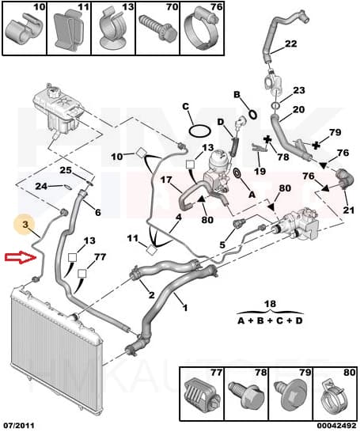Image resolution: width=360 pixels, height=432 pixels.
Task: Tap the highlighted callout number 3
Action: pos(25,224)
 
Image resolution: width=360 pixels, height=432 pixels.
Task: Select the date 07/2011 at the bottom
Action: pos(18,426)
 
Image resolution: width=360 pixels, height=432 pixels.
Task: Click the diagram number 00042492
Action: pos(336,426)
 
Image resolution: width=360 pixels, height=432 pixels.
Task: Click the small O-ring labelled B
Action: pos(252,115)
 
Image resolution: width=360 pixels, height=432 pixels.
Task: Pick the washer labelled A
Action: pos(237,173)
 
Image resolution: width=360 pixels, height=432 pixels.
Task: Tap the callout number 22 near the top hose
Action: pos(291,44)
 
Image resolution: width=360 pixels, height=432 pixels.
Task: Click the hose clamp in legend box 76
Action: pos(201,30)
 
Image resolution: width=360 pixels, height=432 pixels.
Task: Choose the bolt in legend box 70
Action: pos(158,29)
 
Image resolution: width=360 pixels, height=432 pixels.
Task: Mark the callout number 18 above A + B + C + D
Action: pos(270,304)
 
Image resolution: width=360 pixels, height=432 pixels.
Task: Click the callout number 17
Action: pos(166,180)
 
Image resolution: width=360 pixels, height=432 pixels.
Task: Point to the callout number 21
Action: pos(348,210)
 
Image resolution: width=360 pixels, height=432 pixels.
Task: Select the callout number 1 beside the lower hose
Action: pos(185,307)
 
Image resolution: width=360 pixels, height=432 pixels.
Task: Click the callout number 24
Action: pos(41,186)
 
